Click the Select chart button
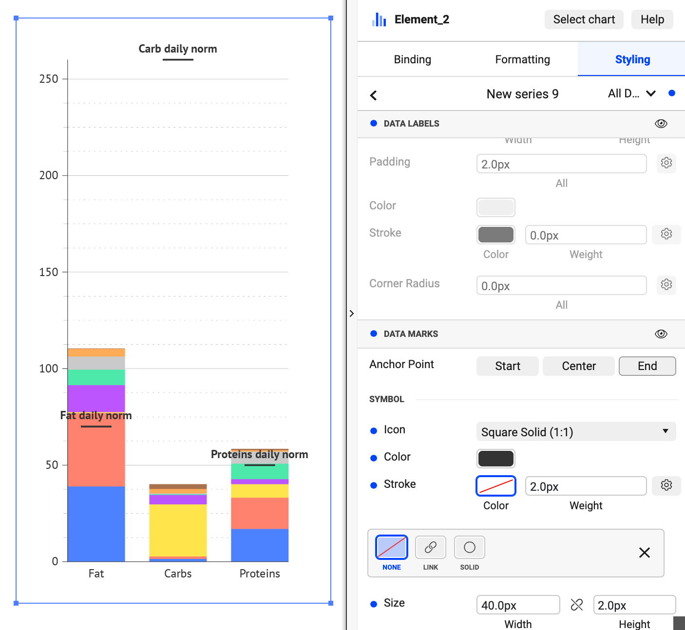[584, 19]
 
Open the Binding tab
[412, 59]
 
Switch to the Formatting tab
[522, 59]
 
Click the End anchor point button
[647, 366]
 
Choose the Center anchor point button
[578, 366]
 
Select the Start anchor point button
[507, 366]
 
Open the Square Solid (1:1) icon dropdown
[575, 432]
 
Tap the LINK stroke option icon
[430, 548]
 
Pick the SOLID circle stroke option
[469, 548]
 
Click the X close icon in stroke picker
[644, 553]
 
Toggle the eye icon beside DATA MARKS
[661, 334]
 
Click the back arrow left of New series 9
[374, 95]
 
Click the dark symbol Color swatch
[495, 459]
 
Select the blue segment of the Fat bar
[96, 523]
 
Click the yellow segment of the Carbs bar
[178, 530]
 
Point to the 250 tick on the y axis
[49, 79]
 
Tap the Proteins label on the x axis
[259, 574]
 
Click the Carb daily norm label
[177, 49]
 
